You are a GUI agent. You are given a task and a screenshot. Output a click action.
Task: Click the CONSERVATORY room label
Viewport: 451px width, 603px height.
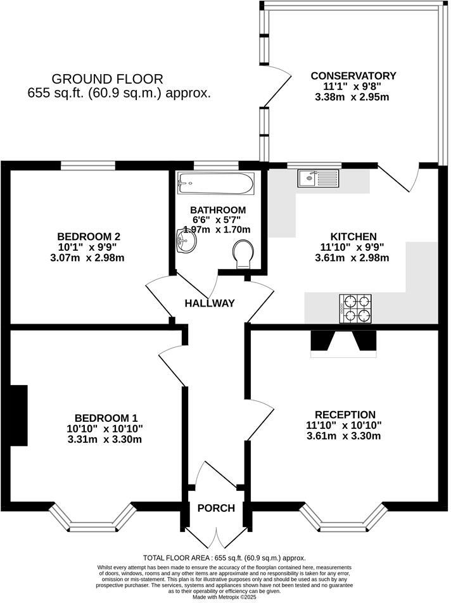[353, 76]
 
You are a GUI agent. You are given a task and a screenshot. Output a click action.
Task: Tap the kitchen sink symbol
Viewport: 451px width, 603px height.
[319, 179]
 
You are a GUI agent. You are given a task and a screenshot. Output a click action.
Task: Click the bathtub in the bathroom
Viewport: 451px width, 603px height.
[215, 184]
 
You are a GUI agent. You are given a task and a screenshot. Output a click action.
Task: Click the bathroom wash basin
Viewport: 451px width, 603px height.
[186, 241]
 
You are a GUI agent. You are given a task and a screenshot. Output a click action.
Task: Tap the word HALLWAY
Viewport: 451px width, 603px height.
[210, 303]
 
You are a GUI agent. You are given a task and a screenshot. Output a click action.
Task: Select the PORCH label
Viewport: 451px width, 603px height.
[216, 508]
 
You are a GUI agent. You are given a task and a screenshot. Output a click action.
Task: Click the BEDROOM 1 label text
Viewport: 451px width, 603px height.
[106, 418]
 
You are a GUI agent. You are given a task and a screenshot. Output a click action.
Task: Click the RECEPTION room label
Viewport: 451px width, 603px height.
[344, 415]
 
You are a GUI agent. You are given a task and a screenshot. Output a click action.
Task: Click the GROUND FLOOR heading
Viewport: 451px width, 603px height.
[107, 79]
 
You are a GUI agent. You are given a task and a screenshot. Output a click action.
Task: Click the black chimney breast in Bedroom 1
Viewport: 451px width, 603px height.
[19, 415]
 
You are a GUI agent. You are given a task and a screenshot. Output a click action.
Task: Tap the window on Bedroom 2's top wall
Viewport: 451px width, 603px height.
[88, 166]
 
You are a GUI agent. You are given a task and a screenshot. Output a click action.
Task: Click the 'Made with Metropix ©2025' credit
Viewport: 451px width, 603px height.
[225, 597]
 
